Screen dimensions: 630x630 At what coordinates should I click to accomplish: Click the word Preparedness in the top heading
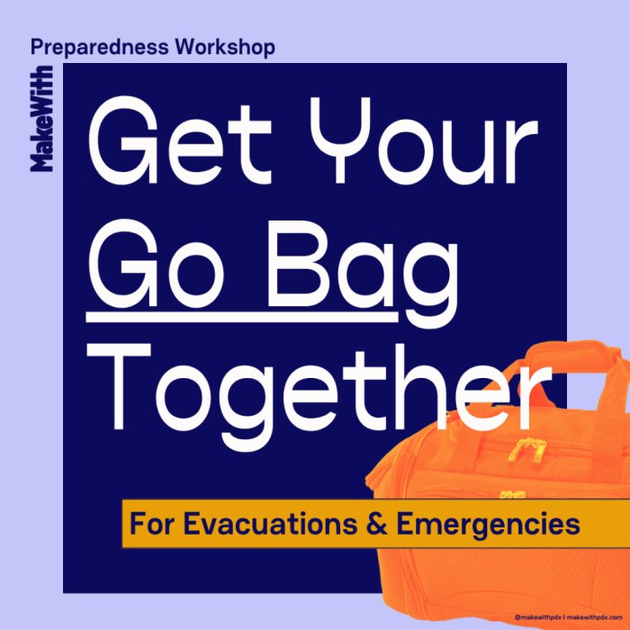click(100, 49)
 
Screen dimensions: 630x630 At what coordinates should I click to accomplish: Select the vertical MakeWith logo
click(41, 119)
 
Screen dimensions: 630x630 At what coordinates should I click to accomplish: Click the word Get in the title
click(180, 140)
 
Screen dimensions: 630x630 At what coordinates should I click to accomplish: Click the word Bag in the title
click(364, 274)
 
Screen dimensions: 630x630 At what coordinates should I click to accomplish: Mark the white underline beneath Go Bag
click(242, 318)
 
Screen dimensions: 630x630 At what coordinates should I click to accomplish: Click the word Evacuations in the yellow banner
click(270, 524)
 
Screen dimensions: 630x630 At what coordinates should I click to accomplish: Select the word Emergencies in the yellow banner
click(488, 526)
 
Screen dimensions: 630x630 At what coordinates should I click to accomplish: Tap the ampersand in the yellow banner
click(377, 524)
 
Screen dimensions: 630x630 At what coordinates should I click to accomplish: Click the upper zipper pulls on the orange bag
click(525, 451)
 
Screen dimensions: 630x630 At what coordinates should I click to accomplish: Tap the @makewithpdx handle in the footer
click(538, 616)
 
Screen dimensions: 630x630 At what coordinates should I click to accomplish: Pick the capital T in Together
click(119, 386)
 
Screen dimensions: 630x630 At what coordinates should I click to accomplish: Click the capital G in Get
click(123, 140)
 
